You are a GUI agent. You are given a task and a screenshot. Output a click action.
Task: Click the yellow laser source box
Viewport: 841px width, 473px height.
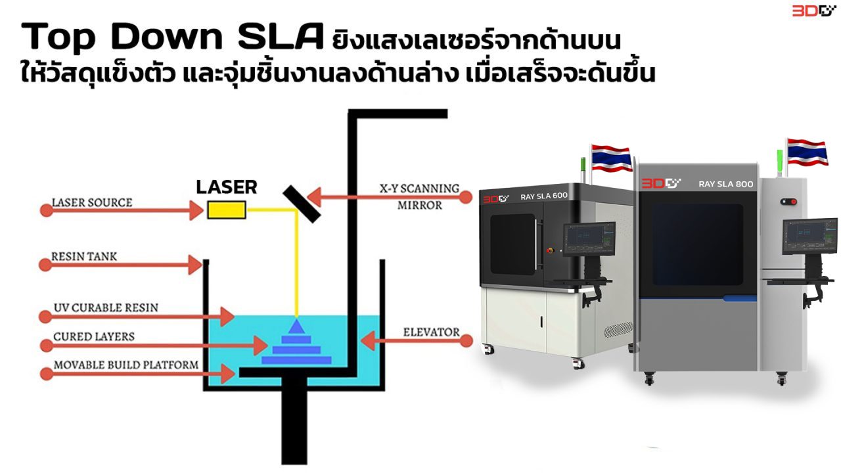pos(227,210)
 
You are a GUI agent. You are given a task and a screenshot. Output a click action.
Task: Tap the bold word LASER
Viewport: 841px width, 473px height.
pos(227,187)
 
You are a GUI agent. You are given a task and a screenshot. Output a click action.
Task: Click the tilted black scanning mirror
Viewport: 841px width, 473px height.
pos(302,202)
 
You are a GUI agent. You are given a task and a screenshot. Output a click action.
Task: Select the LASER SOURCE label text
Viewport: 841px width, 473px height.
pos(91,202)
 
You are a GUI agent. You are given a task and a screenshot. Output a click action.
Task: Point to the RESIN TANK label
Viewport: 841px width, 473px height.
pos(84,256)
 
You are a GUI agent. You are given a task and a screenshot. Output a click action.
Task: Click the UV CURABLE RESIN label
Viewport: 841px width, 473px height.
pos(106,307)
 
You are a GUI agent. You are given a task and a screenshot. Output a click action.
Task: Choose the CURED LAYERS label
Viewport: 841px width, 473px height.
pos(94,336)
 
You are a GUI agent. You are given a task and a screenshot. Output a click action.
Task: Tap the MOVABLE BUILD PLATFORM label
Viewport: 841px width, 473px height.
pos(125,365)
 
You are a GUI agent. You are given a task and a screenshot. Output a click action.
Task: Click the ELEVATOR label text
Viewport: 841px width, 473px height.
pos(431,332)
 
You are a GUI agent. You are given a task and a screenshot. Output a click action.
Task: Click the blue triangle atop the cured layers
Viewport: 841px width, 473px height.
pos(296,326)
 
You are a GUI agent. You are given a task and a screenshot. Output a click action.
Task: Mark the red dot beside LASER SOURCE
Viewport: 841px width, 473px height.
pos(46,211)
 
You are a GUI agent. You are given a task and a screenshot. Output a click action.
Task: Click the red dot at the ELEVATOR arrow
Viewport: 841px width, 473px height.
pos(466,341)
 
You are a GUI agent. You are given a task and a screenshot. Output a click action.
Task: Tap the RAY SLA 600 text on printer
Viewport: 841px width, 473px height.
pos(543,196)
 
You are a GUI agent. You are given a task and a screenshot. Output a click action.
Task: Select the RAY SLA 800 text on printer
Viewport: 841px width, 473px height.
pos(725,184)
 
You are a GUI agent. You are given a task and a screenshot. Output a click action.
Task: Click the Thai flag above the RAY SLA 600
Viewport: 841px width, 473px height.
pos(611,157)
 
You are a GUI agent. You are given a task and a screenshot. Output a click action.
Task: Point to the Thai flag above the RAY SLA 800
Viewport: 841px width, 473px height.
pos(807,152)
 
